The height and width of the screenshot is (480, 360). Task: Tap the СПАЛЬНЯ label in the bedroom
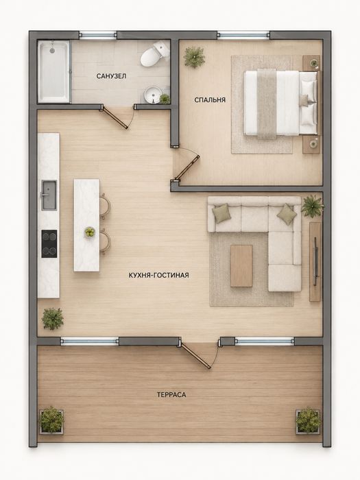click(210, 100)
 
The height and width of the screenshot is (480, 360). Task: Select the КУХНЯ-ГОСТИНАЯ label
click(158, 275)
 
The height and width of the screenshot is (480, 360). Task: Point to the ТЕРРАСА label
click(171, 394)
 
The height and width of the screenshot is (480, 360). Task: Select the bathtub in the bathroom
click(54, 71)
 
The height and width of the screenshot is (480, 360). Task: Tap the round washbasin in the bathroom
click(153, 95)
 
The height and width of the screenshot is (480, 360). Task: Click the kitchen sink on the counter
click(49, 195)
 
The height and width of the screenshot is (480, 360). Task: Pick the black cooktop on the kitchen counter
click(49, 243)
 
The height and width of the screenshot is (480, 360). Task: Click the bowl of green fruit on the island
click(90, 232)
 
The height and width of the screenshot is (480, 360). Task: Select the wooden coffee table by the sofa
click(241, 266)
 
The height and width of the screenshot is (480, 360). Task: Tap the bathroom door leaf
click(115, 117)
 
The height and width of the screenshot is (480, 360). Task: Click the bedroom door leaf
click(187, 168)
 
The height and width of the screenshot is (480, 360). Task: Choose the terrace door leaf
click(196, 355)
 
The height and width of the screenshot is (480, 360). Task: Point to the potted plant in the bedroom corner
click(194, 56)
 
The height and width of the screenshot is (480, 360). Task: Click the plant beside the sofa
click(311, 206)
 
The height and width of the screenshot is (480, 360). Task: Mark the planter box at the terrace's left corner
click(51, 421)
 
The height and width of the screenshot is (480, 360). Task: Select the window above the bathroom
click(97, 35)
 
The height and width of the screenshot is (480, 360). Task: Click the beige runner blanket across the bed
click(267, 104)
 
